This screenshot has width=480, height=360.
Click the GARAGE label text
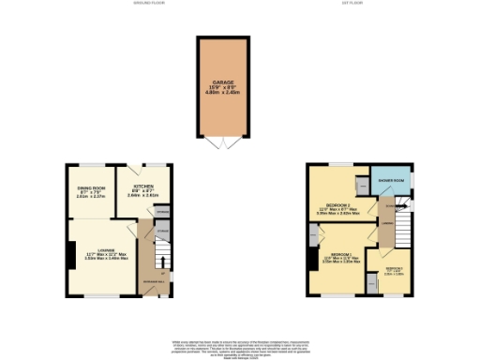223,82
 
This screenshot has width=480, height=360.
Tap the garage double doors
223,142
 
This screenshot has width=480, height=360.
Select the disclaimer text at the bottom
240,346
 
